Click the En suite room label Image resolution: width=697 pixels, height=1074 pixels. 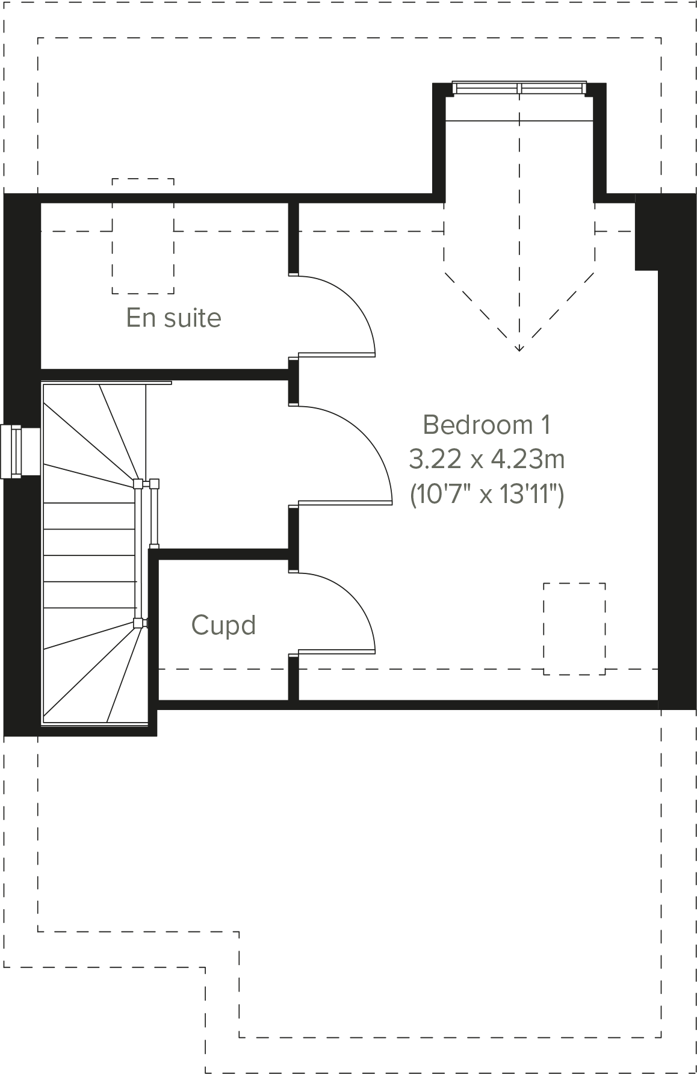173,318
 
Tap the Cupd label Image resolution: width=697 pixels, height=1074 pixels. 223,625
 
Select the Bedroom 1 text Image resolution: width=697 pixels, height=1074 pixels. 486,425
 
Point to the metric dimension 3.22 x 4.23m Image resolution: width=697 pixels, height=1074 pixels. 486,460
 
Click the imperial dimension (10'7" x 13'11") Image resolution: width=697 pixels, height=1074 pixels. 486,495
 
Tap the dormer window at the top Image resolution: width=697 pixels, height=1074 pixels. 519,88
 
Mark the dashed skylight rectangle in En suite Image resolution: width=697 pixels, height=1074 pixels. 143,236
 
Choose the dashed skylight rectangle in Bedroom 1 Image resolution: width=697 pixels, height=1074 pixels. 574,629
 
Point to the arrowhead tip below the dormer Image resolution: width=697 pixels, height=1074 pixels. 519,350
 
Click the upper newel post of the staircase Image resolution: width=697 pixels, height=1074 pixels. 138,484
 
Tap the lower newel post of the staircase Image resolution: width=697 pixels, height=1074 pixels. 138,623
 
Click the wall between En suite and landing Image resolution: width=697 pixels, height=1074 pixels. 163,375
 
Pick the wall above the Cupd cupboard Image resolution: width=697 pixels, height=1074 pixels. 223,554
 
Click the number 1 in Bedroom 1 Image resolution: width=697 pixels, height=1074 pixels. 544,425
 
